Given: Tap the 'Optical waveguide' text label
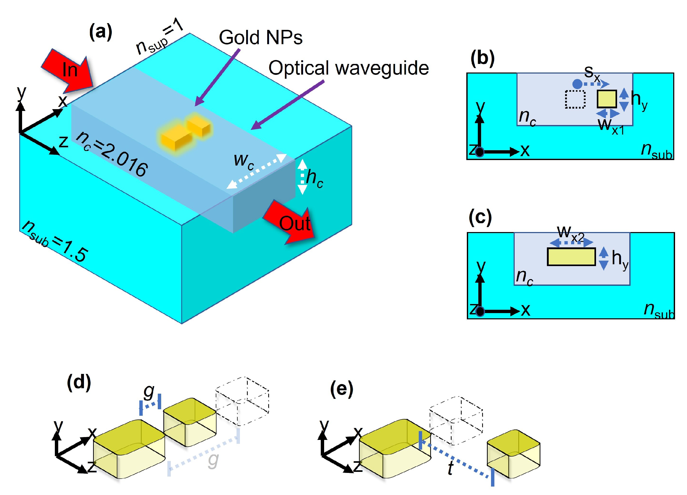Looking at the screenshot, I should click(348, 68).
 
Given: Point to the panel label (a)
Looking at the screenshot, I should click(101, 32).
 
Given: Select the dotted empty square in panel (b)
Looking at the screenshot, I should click(575, 99).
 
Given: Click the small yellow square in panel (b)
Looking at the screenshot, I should click(607, 99).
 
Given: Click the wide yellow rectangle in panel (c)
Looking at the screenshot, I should click(571, 257).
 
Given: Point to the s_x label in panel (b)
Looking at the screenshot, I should click(592, 73).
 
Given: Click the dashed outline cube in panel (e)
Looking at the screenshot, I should click(456, 419).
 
